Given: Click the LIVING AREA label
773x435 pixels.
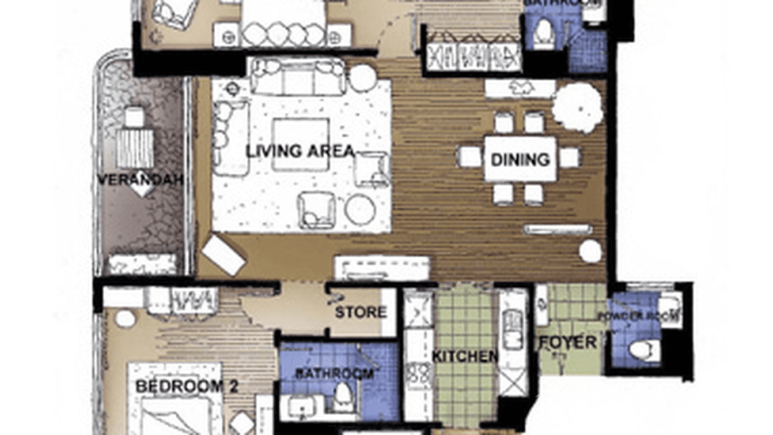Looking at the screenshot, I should coord(300,152).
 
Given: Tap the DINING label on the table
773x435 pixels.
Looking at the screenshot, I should coord(520,159).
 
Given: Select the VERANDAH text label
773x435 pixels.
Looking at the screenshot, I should coord(140,179).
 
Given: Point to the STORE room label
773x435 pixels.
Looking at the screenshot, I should coord(361,313).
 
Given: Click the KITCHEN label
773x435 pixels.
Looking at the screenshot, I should coord(465,357).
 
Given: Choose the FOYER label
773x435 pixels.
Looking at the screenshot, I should coord(568,343).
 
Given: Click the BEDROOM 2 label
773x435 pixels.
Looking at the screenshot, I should coord(186,386).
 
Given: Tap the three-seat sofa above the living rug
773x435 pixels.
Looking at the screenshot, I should coord(297,77).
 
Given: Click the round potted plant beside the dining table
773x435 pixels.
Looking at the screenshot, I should coord(577,104).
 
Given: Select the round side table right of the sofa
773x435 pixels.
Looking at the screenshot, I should coord(363,78).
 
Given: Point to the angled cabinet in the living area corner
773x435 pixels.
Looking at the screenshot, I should coord(224,254).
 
